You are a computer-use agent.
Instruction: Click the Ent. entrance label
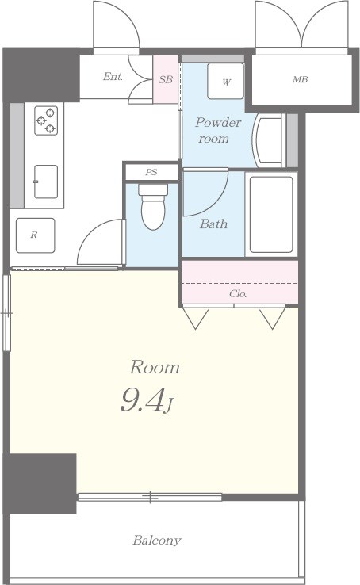[113, 77]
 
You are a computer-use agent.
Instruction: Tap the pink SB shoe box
[166, 79]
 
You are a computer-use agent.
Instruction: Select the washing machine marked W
[226, 81]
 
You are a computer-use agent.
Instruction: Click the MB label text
[300, 79]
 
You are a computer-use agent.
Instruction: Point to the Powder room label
[218, 130]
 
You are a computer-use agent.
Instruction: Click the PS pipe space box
[151, 172]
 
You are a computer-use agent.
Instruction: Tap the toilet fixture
[153, 207]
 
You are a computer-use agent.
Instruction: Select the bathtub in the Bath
[271, 215]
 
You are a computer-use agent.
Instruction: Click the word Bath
[213, 224]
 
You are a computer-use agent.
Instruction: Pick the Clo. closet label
[238, 294]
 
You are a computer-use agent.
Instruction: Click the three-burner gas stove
[46, 120]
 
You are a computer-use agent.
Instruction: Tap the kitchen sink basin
[46, 182]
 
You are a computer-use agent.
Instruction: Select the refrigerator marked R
[36, 235]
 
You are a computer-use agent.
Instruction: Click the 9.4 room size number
[142, 400]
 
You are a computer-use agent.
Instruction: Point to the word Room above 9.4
[155, 368]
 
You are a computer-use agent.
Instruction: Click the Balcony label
[157, 541]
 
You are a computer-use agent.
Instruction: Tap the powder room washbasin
[268, 140]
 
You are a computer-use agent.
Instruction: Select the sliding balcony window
[150, 497]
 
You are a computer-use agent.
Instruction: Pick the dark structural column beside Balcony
[40, 484]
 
